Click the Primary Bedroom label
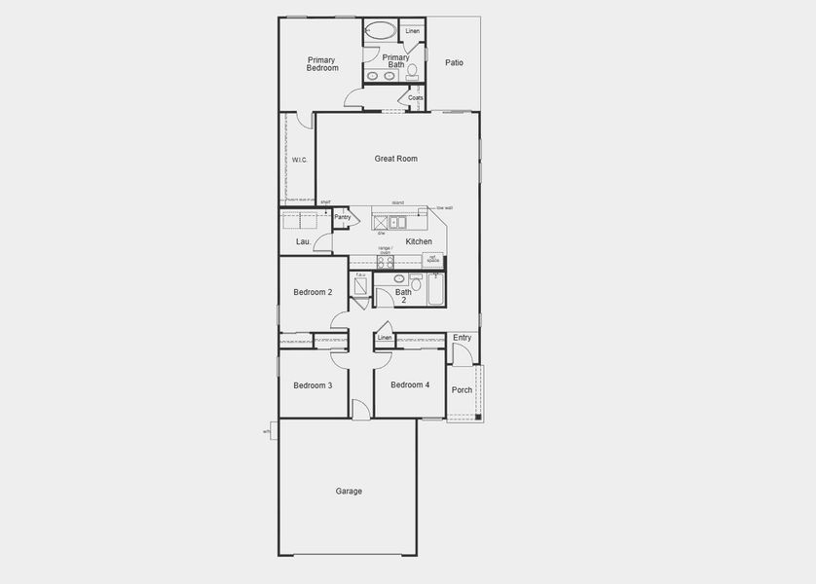tap(322, 64)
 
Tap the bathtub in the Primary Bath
tap(381, 31)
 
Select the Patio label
tap(454, 63)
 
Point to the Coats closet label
tap(416, 98)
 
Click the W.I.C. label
tap(300, 160)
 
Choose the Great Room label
tap(396, 159)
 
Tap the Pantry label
tap(342, 217)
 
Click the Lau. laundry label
tap(303, 241)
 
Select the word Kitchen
tap(419, 241)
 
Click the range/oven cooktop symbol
tap(386, 261)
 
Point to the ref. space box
tap(432, 260)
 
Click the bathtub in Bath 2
tap(434, 289)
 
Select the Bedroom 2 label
tap(313, 293)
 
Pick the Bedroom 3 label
tap(313, 385)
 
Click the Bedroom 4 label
tap(410, 385)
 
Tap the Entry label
tap(462, 338)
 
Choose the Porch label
tap(462, 390)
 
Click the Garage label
tap(349, 492)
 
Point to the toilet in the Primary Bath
tap(413, 70)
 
